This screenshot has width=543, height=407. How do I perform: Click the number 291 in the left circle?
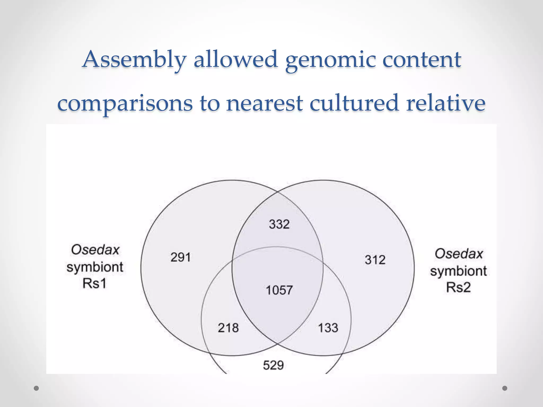(181, 258)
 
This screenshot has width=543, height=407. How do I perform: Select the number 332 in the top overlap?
(279, 224)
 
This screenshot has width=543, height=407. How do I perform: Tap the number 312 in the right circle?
(375, 260)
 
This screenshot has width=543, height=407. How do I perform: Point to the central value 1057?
(279, 290)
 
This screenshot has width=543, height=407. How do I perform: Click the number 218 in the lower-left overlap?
(228, 328)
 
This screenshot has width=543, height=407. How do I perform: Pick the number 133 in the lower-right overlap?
(328, 328)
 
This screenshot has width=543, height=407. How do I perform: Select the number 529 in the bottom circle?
(273, 365)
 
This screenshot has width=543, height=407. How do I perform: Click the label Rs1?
(94, 284)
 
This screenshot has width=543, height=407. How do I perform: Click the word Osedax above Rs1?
(95, 250)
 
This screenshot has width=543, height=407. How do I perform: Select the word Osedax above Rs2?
(459, 254)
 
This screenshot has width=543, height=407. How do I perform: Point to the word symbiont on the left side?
(95, 267)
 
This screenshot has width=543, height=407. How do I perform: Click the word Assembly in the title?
(135, 59)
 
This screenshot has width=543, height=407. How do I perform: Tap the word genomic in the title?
(330, 60)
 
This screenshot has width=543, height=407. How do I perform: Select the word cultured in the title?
(354, 103)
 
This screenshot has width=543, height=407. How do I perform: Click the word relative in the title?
(446, 103)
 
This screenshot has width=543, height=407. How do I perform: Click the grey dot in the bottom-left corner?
(36, 388)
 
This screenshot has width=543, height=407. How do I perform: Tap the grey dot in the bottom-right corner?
(505, 388)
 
